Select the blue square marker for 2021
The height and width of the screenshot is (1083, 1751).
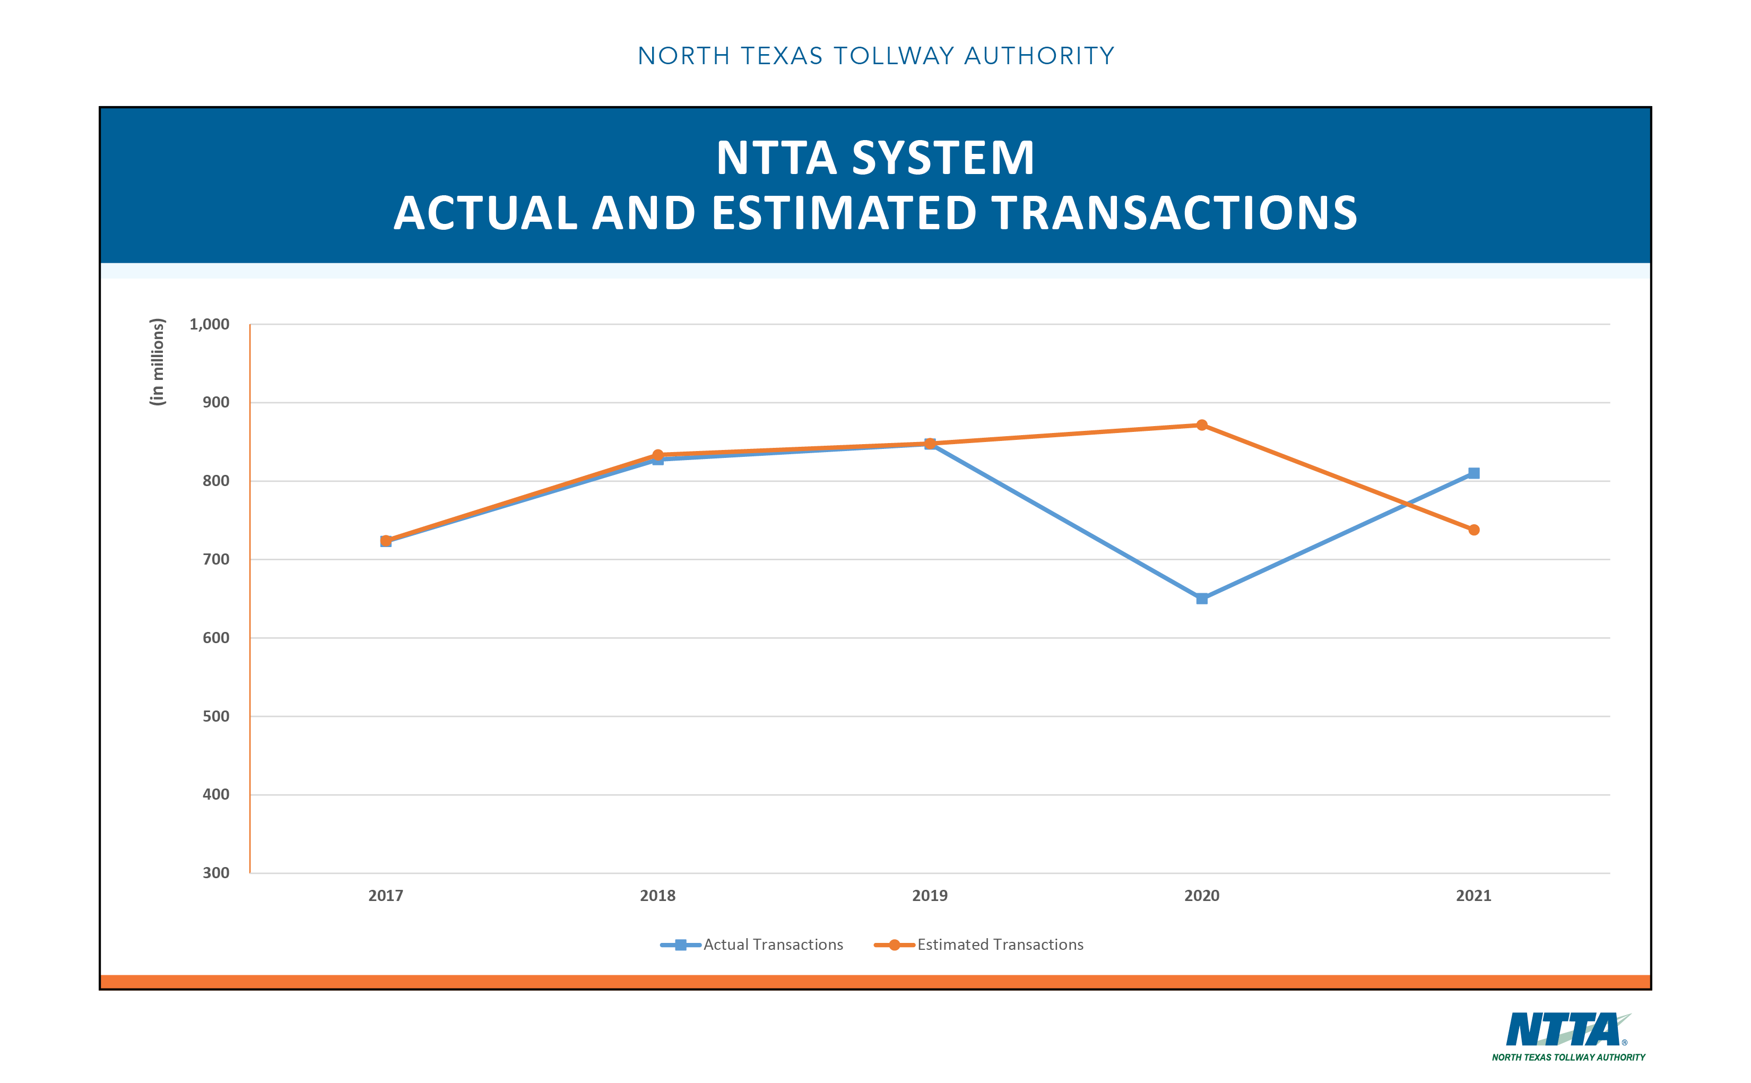click(1473, 473)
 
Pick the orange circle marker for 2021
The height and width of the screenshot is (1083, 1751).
click(1473, 530)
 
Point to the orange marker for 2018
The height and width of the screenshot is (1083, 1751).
click(657, 455)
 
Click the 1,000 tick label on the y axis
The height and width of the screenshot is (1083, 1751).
click(209, 324)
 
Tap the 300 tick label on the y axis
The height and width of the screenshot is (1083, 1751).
click(215, 872)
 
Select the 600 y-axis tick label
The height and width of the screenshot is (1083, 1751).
click(215, 637)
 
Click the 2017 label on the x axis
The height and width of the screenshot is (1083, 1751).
click(385, 895)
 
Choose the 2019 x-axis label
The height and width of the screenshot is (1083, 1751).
click(930, 895)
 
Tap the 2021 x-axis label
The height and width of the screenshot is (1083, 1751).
click(1473, 895)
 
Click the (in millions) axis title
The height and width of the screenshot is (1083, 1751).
click(157, 362)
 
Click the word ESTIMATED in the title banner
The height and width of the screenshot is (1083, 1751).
click(844, 213)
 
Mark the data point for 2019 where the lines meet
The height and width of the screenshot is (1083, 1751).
click(930, 444)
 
